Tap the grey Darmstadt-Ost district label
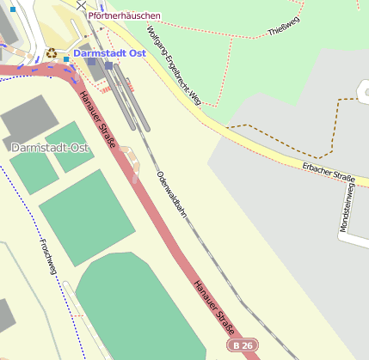50,148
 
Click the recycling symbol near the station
52,52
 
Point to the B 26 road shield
243,345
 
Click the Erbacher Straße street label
328,171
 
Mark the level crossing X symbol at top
81,5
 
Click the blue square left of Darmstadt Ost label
66,59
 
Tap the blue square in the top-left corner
12,9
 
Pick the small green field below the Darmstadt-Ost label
34,172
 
